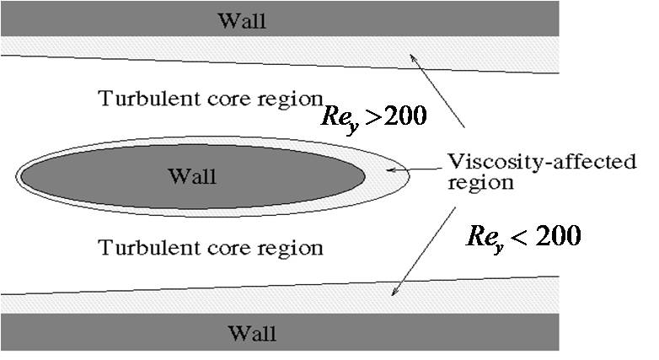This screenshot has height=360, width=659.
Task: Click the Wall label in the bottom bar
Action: [x=250, y=332]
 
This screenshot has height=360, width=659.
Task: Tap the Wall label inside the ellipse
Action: [x=191, y=176]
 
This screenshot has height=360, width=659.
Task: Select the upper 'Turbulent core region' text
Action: [x=211, y=98]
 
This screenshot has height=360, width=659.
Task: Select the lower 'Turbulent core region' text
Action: [x=211, y=248]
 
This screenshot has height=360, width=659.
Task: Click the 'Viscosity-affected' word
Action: [x=541, y=162]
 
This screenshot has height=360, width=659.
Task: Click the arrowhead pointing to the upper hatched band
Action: [x=412, y=57]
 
